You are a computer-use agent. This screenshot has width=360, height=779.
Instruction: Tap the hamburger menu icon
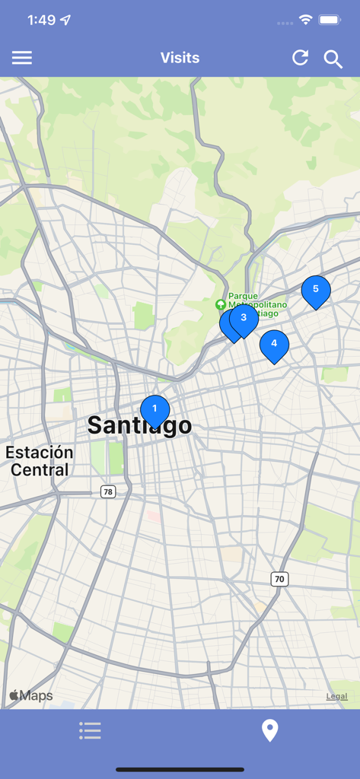click(x=22, y=58)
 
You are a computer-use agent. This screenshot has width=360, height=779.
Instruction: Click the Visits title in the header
click(x=180, y=58)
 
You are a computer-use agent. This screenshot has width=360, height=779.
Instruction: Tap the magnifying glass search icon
click(x=333, y=59)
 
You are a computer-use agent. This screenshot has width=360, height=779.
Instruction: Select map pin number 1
click(x=155, y=410)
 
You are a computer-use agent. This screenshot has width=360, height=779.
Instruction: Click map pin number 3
click(x=244, y=318)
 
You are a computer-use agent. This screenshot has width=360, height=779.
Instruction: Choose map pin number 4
click(x=274, y=344)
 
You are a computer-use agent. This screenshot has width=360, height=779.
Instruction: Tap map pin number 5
click(x=316, y=290)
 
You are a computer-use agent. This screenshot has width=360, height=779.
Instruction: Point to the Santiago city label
click(x=139, y=425)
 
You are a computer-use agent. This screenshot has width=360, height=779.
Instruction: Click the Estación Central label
click(x=40, y=461)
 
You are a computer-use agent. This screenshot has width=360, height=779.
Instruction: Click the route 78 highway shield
click(x=108, y=492)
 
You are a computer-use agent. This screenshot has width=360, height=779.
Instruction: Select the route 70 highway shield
click(x=279, y=579)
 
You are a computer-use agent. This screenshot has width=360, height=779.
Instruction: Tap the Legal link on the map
click(x=336, y=696)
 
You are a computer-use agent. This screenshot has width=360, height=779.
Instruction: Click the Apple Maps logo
click(x=30, y=695)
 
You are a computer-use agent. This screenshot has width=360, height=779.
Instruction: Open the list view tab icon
click(x=90, y=731)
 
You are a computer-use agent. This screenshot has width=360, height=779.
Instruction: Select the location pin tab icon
click(x=269, y=730)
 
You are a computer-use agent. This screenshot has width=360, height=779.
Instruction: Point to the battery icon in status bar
click(x=330, y=20)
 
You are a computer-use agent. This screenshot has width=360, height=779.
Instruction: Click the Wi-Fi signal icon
click(x=306, y=20)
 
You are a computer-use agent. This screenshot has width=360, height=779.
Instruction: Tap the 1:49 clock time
click(x=41, y=20)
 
